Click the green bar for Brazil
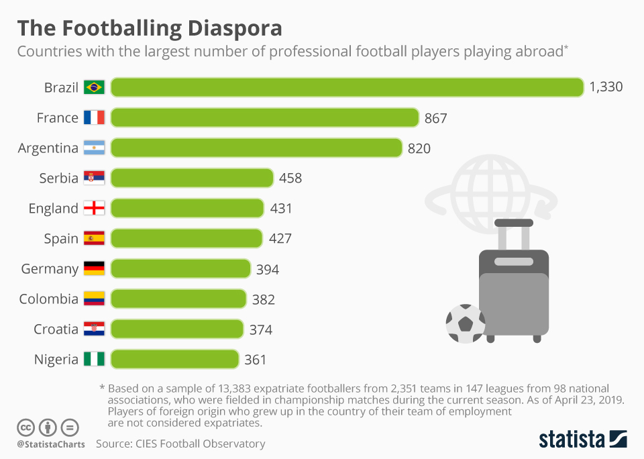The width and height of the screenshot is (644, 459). [347, 87]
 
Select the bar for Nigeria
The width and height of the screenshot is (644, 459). [174, 359]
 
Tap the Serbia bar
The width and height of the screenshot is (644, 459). [192, 178]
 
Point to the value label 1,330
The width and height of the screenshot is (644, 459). [606, 87]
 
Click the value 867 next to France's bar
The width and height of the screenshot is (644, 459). [435, 118]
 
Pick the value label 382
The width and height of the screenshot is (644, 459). [264, 299]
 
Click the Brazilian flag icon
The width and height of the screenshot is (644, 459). [94, 87]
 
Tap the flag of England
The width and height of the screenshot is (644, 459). [94, 208]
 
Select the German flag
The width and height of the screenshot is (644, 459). [94, 268]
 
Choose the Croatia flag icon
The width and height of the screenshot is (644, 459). [94, 329]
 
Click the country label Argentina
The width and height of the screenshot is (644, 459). [48, 148]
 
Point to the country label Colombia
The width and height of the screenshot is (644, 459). [48, 299]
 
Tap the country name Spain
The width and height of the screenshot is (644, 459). [61, 239]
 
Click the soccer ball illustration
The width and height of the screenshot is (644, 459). [465, 323]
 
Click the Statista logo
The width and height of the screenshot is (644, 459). [582, 440]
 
